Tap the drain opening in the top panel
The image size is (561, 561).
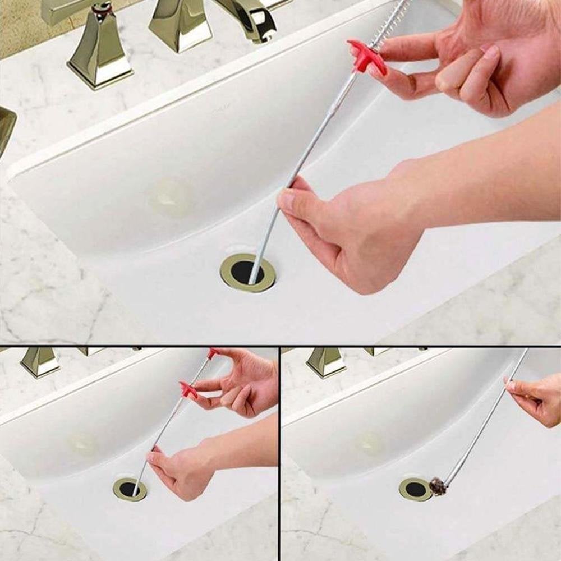(x=247, y=272)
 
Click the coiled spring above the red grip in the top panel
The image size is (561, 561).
(x=393, y=22)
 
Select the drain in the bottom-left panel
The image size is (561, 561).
(x=130, y=489)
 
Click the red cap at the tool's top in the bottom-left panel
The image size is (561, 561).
(x=213, y=353)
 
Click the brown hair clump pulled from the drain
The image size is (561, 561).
(x=438, y=486)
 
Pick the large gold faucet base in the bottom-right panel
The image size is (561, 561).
(x=326, y=361)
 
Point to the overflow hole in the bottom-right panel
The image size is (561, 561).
(x=370, y=443)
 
